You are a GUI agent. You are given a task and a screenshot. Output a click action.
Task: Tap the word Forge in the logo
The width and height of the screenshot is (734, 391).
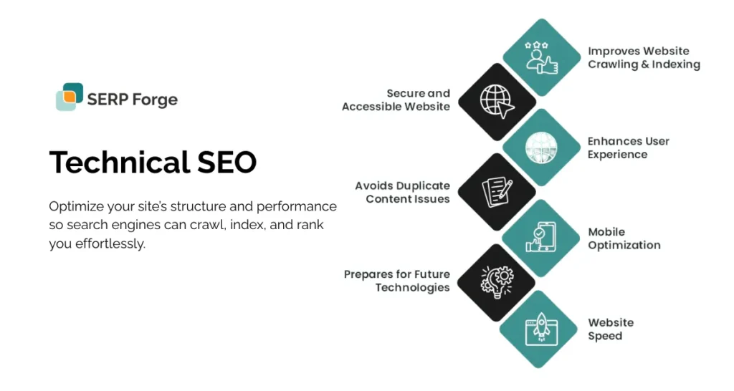155,100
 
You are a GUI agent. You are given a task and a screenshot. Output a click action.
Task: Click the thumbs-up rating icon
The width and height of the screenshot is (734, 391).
541,57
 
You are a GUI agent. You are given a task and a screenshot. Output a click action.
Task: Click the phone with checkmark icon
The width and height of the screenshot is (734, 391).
541,237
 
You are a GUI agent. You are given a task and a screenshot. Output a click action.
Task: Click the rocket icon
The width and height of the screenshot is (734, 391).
541,328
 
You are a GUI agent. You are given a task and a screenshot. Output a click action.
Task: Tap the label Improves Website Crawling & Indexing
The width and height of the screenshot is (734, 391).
644,58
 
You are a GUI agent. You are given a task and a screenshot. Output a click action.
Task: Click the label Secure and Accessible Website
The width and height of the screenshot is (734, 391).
396,100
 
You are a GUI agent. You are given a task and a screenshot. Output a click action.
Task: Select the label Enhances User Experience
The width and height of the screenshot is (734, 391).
628,148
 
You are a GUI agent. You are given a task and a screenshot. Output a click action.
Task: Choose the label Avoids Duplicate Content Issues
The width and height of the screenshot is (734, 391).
402,192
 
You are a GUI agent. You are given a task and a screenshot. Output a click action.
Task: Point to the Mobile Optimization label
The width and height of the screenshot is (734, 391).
624,238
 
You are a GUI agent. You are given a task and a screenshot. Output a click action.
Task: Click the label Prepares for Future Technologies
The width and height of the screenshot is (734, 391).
396,281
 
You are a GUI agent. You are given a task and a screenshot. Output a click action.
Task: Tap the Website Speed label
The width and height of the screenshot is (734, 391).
610,329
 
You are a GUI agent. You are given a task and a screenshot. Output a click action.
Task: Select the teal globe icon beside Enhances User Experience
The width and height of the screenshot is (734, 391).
541,147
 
